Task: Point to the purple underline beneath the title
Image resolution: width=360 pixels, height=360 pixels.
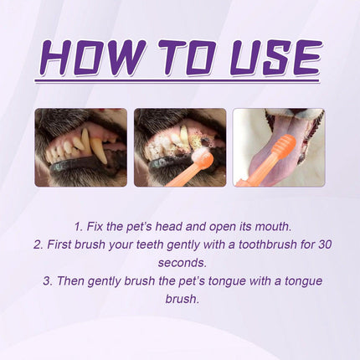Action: [179, 81]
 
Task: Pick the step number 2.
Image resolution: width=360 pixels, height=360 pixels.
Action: [37, 244]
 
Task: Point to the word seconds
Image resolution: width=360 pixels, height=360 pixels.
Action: [179, 263]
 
